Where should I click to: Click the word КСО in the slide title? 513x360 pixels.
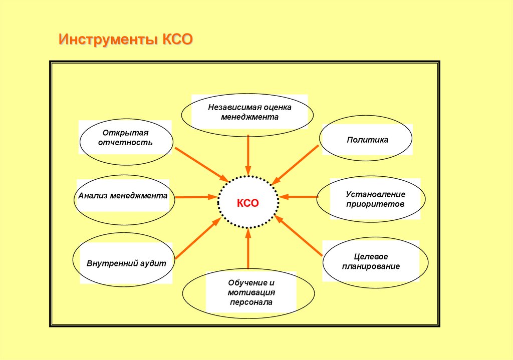[x=177, y=40]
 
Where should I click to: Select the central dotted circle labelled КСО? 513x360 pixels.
[x=247, y=203]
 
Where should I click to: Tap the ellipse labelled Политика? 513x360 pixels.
[x=367, y=140]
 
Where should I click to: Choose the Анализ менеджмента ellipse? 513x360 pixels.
[x=123, y=197]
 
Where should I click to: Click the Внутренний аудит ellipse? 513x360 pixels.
[x=126, y=263]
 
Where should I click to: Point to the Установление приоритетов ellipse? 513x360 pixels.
[x=371, y=199]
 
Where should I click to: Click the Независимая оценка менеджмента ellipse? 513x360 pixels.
[x=247, y=113]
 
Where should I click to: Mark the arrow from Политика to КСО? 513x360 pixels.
[x=296, y=164]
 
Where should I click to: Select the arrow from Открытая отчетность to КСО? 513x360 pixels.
[x=200, y=163]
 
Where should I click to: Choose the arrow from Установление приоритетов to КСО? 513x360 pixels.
[x=299, y=197]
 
